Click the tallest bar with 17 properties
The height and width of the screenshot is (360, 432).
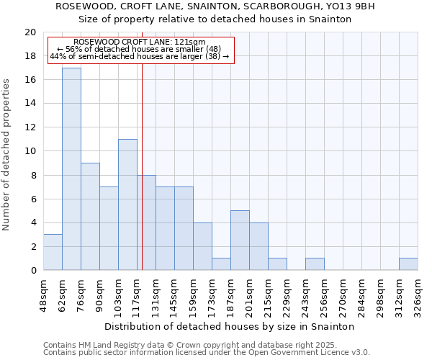tap(71, 169)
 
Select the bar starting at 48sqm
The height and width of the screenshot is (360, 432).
tap(53, 252)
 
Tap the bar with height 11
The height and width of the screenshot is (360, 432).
tap(127, 204)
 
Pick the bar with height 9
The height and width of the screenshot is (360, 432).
tap(90, 216)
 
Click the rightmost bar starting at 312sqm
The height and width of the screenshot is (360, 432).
tap(408, 264)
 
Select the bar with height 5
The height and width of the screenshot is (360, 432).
tap(240, 240)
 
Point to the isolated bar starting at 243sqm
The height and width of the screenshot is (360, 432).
tap(315, 264)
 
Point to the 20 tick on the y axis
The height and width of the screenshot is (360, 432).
tap(30, 32)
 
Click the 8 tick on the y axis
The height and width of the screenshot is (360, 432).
tap(33, 175)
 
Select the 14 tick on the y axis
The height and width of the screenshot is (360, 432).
tap(30, 104)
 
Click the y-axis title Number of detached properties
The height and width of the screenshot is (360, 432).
tap(8, 152)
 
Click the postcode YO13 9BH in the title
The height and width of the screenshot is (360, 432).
tap(354, 6)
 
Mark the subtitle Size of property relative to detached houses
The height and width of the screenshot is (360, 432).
tap(215, 19)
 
